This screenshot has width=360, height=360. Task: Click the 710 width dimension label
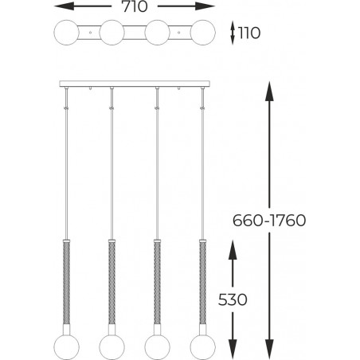click(x=135, y=6)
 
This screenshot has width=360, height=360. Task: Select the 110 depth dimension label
click(x=249, y=33)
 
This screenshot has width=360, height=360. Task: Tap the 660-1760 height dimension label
click(x=269, y=221)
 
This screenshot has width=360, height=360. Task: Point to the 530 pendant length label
click(x=233, y=299)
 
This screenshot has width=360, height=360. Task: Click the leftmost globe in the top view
click(x=66, y=33)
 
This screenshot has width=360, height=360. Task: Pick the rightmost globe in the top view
click(x=203, y=33)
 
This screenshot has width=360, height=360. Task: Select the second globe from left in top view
click(x=112, y=33)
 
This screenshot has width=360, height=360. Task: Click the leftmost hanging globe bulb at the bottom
click(x=66, y=347)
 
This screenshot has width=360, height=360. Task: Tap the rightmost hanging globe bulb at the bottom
click(x=203, y=347)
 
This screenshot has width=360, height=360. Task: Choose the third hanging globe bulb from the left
click(x=158, y=347)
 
